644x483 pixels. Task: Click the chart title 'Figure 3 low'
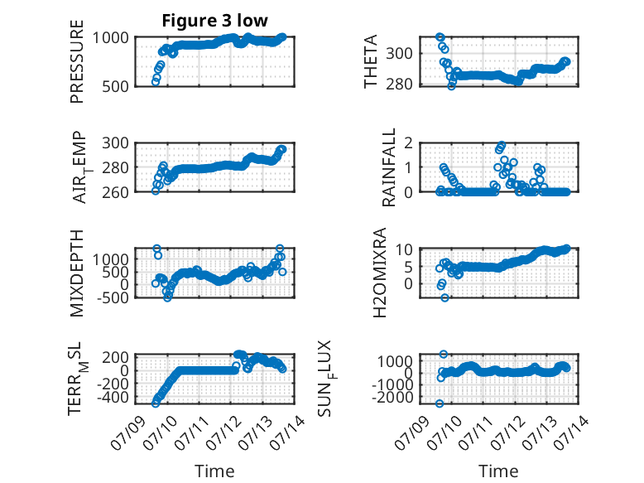tap(214, 21)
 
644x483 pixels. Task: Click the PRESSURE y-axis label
tap(77, 61)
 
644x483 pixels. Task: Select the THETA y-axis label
tap(371, 61)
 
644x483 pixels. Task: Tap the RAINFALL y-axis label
tap(388, 167)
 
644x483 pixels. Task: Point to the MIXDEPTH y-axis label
tap(77, 273)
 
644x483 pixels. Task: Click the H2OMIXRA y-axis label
tap(380, 273)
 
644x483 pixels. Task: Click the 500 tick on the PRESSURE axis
tap(115, 86)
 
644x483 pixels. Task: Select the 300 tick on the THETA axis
tap(399, 53)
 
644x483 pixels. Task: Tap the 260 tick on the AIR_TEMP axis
tap(115, 192)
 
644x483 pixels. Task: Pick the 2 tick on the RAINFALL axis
tap(408, 143)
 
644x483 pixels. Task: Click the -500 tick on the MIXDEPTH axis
tap(113, 297)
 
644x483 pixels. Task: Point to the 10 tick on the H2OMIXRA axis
tap(404, 249)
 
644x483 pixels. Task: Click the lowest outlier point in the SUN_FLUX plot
tap(440, 403)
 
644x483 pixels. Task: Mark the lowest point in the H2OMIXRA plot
tap(445, 297)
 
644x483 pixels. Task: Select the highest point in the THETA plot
tap(440, 37)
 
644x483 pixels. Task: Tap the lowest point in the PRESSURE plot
tap(156, 82)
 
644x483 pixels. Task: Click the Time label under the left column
tap(214, 471)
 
